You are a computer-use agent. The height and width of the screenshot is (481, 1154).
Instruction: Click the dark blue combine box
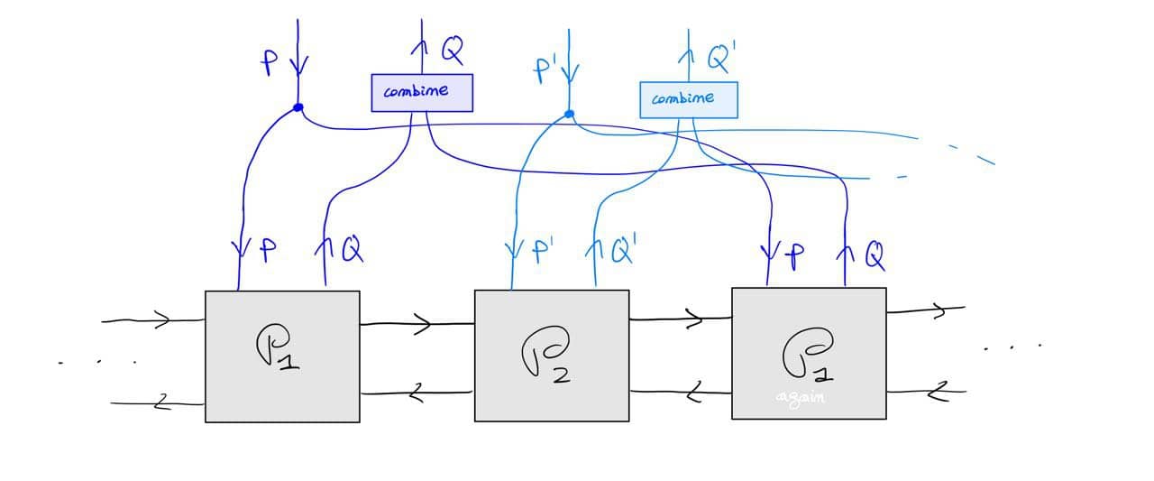(x=422, y=92)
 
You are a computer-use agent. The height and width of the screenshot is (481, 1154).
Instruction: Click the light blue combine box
(x=689, y=99)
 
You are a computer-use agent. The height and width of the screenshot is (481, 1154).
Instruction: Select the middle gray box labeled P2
(x=552, y=355)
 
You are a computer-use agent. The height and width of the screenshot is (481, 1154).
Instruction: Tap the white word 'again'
(x=800, y=398)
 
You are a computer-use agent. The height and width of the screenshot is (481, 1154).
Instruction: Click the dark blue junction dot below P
(x=298, y=108)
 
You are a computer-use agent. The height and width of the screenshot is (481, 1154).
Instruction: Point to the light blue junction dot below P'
(x=569, y=115)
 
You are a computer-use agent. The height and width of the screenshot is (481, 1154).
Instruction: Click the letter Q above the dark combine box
(x=453, y=51)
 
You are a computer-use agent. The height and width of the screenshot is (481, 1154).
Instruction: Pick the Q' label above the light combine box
(x=720, y=60)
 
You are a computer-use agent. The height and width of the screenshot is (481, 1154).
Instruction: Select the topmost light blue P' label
(x=544, y=69)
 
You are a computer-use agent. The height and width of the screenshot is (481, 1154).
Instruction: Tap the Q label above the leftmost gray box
(x=351, y=249)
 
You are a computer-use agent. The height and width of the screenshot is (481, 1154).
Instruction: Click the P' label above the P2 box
(x=543, y=250)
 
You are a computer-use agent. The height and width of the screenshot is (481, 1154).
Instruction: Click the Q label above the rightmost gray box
(x=875, y=256)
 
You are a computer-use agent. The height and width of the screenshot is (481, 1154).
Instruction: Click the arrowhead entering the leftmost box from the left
(x=162, y=319)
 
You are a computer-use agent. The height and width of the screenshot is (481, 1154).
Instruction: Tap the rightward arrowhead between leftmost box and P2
(x=423, y=324)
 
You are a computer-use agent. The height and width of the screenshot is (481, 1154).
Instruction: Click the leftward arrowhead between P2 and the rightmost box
(x=696, y=391)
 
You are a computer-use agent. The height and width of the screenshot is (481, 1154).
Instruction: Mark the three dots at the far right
(x=1013, y=347)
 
